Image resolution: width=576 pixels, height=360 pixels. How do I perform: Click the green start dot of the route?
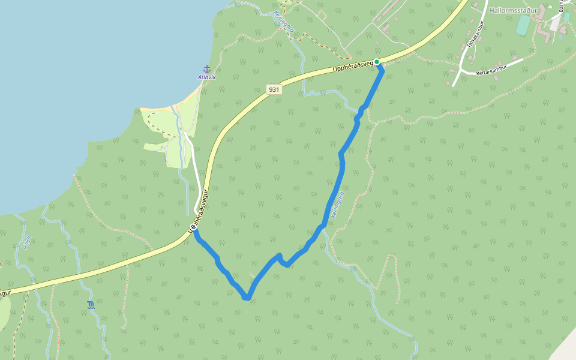(x=377, y=62)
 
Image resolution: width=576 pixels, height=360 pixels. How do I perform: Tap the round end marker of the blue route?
(x=193, y=228)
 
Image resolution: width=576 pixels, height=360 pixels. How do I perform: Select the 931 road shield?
(x=274, y=89)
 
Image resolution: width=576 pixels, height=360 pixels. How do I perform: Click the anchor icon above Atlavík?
(x=206, y=69)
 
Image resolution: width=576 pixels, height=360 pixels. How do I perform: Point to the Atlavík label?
(x=206, y=77)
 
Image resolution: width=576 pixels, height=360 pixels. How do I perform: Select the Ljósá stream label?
(x=25, y=242)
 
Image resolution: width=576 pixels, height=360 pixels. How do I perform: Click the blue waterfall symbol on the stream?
(x=90, y=305)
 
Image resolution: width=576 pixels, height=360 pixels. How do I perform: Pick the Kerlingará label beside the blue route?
(x=337, y=205)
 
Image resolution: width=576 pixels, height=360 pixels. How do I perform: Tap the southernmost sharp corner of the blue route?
(x=246, y=297)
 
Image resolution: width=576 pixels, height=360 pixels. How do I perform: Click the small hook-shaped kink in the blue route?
(x=282, y=261)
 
